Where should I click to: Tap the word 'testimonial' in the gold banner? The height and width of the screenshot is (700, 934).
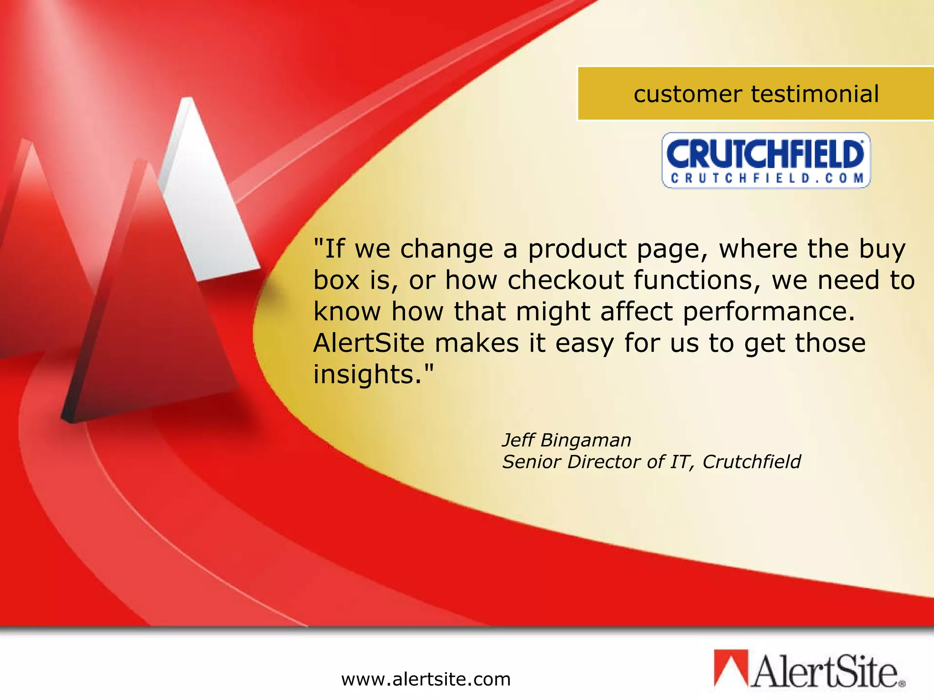815,94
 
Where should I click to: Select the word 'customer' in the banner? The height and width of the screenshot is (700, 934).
688,95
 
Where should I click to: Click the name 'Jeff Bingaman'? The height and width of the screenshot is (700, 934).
566,440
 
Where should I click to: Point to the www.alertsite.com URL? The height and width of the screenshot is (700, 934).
426,679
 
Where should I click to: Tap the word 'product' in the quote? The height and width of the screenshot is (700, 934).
577,250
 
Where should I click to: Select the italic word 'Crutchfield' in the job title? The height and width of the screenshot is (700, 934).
752,462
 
